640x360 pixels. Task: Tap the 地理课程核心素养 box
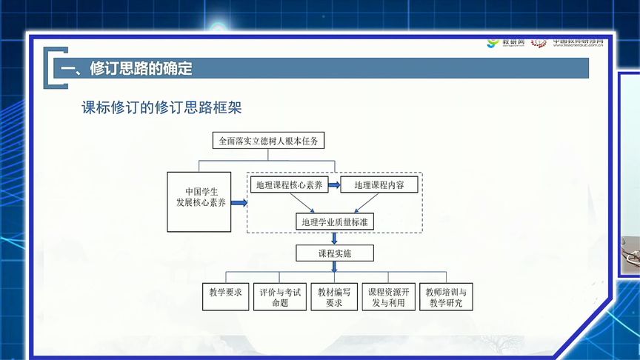click(287, 185)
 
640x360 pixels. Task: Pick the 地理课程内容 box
click(379, 185)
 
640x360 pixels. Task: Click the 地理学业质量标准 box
click(334, 221)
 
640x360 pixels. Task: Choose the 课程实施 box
click(335, 253)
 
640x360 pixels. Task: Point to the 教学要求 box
click(225, 293)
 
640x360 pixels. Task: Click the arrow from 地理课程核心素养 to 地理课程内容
click(333, 185)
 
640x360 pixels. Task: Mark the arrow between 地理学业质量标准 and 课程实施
click(335, 238)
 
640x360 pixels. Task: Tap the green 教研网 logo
click(506, 42)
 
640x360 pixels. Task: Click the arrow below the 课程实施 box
click(335, 267)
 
